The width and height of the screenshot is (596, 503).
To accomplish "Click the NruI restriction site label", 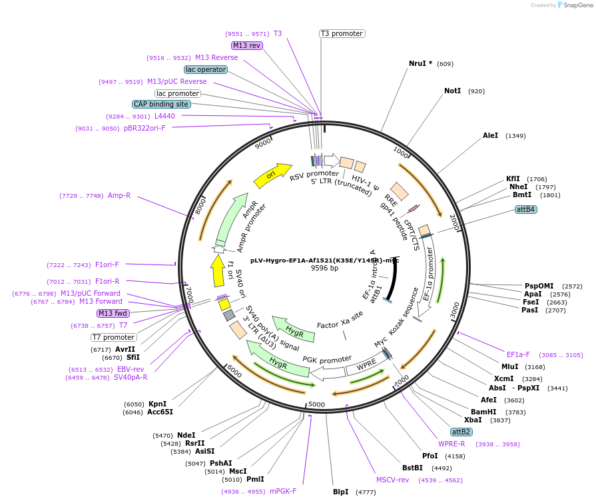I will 418,64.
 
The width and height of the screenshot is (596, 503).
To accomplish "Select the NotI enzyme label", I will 452,91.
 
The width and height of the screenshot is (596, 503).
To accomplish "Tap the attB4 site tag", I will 526,209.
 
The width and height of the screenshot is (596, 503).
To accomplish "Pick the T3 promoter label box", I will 342,33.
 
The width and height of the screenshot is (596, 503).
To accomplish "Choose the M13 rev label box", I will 246,45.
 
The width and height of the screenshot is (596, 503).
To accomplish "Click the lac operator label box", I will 206,69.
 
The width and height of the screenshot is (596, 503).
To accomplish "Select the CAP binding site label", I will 161,104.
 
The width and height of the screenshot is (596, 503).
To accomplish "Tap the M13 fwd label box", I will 113,313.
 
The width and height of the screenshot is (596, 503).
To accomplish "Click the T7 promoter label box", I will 114,337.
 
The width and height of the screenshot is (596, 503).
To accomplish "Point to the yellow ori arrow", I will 272,175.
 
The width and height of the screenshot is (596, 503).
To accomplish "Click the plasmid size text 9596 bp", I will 325,268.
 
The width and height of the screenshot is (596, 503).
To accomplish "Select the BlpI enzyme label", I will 340,492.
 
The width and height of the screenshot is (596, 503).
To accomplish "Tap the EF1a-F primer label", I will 518,354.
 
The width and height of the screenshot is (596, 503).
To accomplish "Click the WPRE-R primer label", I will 451,444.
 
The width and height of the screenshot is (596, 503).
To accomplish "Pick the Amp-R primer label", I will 119,196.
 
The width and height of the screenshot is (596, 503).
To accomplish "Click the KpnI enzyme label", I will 157,404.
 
